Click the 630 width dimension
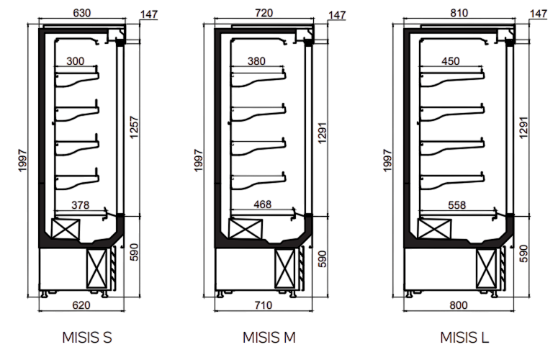click(82, 13)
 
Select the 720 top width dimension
click(264, 13)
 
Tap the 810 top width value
click(459, 13)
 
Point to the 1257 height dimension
click(134, 127)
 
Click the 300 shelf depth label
click(76, 61)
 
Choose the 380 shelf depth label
click(256, 61)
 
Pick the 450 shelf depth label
click(451, 61)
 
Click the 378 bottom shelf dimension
click(81, 205)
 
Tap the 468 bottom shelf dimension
click(263, 204)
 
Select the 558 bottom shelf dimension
click(457, 205)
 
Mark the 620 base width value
click(81, 305)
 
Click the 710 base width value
click(264, 305)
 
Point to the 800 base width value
click(459, 305)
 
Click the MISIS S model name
click(87, 338)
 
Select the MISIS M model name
click(269, 338)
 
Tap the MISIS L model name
click(464, 338)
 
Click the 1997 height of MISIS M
click(199, 161)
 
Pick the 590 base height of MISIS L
click(524, 253)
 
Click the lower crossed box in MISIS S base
click(96, 269)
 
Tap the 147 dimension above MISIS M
click(337, 15)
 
